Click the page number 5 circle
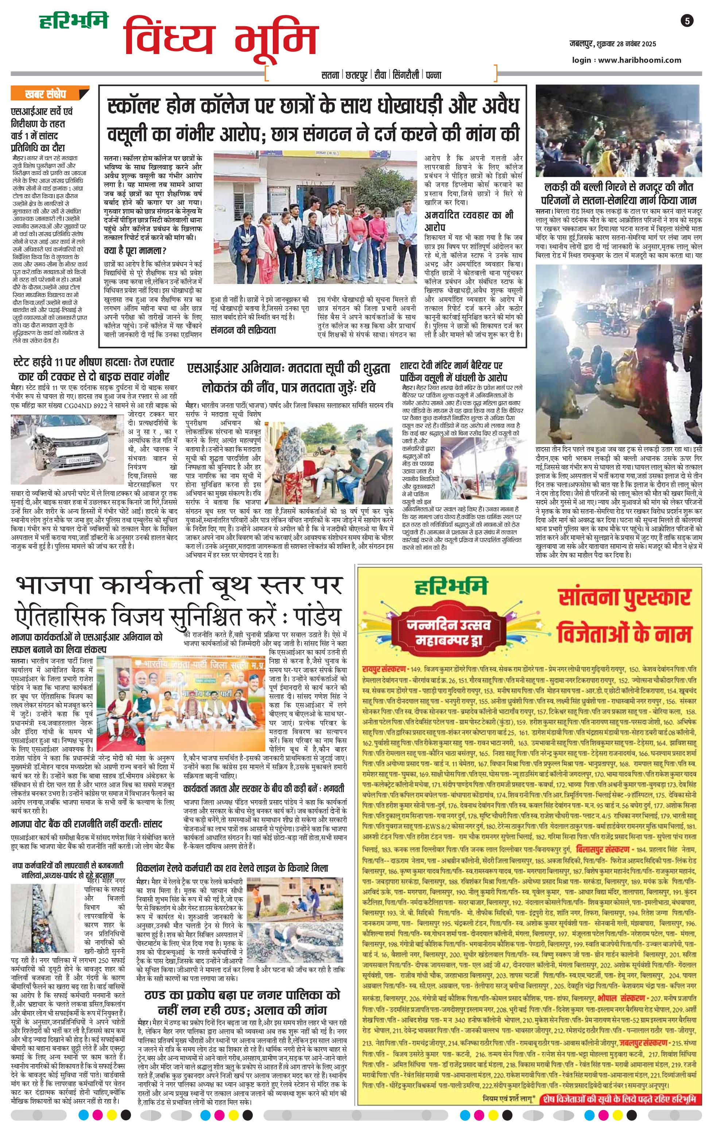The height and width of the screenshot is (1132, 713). [x=687, y=21]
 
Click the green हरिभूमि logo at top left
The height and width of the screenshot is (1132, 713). [x=73, y=21]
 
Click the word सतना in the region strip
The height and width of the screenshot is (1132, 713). [x=330, y=75]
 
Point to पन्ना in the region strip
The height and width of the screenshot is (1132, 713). [x=433, y=75]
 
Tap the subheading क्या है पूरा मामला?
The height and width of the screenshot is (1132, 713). [x=135, y=251]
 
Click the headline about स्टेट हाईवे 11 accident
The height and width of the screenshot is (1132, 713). [x=93, y=369]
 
